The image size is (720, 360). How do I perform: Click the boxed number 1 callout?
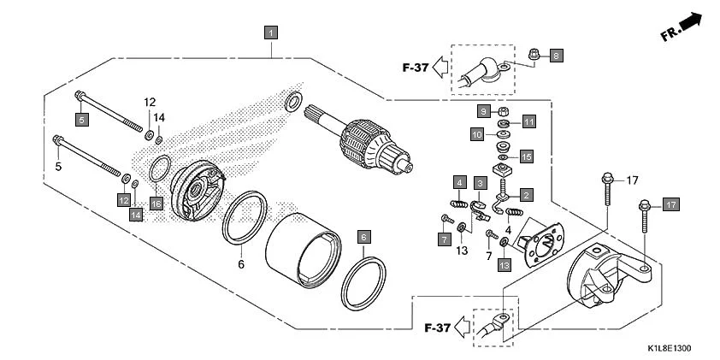[271, 33]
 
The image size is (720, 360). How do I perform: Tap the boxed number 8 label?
[555, 56]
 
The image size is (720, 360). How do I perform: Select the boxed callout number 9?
[482, 111]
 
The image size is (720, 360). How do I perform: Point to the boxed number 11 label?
[528, 122]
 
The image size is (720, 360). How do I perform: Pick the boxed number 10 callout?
[477, 134]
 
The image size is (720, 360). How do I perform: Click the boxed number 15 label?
[527, 156]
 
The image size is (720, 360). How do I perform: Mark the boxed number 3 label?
[481, 183]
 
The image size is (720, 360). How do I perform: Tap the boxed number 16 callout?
[156, 203]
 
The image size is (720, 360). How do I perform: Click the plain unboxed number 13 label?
[463, 251]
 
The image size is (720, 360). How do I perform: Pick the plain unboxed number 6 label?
[241, 264]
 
